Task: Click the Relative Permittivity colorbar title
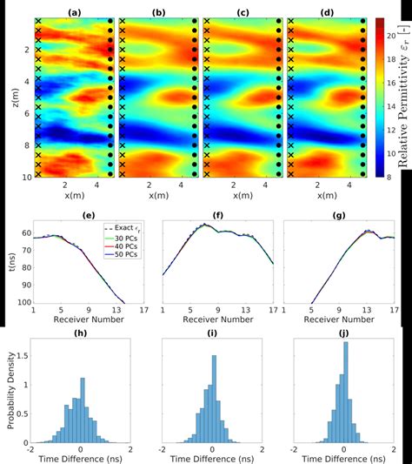(404, 97)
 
